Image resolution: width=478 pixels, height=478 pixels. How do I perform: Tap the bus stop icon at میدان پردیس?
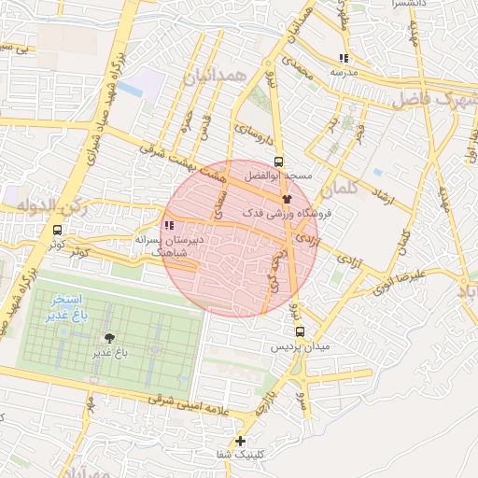tap(300, 330)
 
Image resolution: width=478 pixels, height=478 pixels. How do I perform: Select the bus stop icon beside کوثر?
tap(58, 230)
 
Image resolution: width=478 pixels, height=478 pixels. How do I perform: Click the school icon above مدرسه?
tap(344, 58)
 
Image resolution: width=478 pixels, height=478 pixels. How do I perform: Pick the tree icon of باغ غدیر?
tap(110, 338)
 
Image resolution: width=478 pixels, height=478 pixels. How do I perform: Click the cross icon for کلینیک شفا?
tap(241, 441)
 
